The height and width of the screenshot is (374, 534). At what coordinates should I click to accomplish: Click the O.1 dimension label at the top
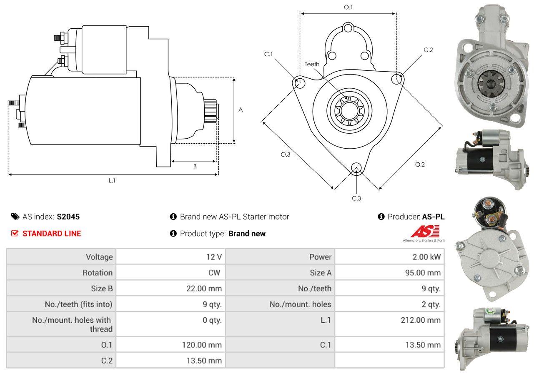click(348, 7)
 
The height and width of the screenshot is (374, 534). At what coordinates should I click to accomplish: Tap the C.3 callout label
click(356, 198)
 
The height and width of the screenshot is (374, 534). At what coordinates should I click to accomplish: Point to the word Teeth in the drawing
click(312, 64)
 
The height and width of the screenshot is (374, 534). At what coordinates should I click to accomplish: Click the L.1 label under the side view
click(112, 181)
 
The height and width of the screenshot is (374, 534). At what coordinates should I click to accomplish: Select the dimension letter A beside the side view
click(241, 110)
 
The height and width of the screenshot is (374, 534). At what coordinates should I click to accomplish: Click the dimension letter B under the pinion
click(195, 166)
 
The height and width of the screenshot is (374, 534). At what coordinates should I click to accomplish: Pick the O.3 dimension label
click(286, 155)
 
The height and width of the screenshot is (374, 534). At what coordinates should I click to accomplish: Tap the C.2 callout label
click(428, 50)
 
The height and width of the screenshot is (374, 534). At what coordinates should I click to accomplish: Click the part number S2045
click(68, 217)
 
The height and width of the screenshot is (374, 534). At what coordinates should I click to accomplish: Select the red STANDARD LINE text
click(52, 234)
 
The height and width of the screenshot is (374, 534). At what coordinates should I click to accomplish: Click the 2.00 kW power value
click(427, 257)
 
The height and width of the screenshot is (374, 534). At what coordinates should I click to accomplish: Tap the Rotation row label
click(98, 272)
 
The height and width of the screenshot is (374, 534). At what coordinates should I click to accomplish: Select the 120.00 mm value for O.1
click(202, 345)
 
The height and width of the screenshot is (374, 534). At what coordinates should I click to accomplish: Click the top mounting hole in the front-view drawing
click(348, 28)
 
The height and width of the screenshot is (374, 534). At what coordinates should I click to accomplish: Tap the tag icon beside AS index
click(15, 217)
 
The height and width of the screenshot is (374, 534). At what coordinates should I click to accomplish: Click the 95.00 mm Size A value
click(423, 272)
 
